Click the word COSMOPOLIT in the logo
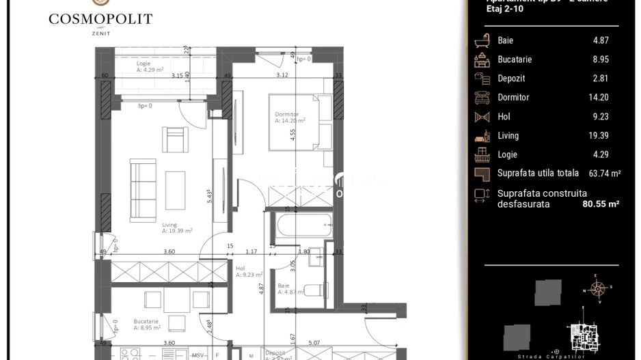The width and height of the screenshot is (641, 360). point(100,19)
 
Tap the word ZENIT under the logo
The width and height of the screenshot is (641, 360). point(100,32)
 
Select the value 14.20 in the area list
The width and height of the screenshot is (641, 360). point(598,98)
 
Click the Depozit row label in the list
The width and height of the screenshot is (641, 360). point(511,79)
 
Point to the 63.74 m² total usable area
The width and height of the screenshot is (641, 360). point(604,174)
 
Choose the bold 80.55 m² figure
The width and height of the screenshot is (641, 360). point(600,204)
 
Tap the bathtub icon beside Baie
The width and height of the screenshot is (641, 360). point(482,40)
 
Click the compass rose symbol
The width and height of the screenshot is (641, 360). point(598,289)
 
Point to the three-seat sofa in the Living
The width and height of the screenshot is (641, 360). point(143,181)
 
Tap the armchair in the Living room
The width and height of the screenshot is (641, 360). point(174,139)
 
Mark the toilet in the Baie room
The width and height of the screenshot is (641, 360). point(315,290)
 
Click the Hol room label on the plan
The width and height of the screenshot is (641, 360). point(241,268)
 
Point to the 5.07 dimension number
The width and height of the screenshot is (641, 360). point(314,344)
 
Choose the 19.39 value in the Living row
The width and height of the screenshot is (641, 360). point(598,136)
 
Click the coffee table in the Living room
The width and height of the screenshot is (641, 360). point(176,189)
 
